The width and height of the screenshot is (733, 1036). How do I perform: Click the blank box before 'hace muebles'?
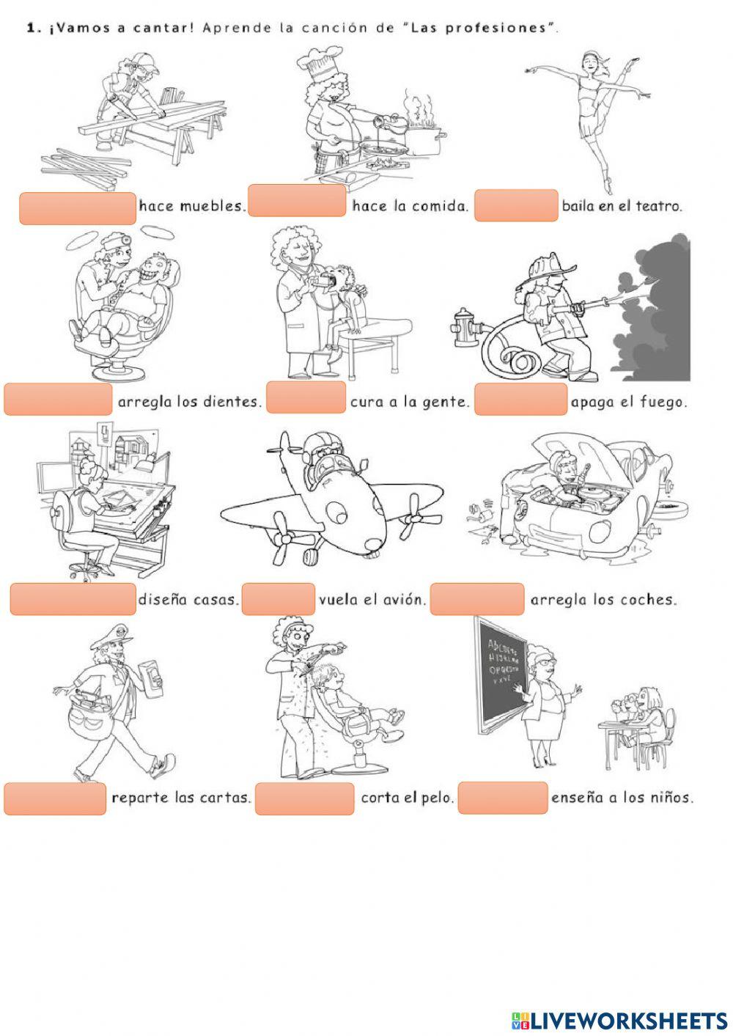coord(77,207)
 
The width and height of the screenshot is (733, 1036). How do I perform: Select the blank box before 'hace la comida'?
coord(297,201)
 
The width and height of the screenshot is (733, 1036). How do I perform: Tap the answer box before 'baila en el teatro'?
coord(516,205)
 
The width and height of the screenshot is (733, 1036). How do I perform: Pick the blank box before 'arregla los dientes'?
coord(58,399)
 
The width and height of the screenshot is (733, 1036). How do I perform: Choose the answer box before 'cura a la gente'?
coord(306,397)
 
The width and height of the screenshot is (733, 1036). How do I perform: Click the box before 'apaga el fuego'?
coord(520,399)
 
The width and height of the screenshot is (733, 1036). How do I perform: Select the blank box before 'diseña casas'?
coord(73,598)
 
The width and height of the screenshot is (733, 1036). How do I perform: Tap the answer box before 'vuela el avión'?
coord(278,598)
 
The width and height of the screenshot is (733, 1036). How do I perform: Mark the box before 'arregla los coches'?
coord(477,598)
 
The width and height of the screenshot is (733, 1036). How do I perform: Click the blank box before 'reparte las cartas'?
coord(55,798)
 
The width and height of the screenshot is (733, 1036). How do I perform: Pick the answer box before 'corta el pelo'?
coord(305,798)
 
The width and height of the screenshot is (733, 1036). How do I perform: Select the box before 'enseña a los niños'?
coord(503,798)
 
